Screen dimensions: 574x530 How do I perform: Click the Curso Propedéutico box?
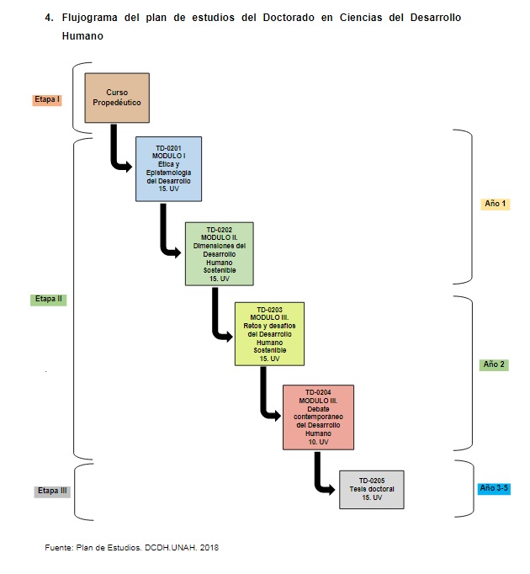[117, 98]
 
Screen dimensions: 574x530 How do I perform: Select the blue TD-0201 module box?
[168, 169]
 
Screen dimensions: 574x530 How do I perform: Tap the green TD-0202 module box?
[219, 254]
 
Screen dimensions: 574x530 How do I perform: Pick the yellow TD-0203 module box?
[269, 334]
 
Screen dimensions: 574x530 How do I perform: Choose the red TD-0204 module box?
[318, 417]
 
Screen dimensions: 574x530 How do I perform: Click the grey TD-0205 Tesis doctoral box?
[371, 489]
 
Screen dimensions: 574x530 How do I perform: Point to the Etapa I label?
[47, 99]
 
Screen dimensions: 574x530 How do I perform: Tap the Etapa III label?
[52, 491]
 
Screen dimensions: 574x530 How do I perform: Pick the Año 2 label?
[493, 364]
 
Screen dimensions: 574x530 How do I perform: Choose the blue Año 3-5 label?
[493, 488]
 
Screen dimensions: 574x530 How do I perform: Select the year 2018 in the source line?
[209, 548]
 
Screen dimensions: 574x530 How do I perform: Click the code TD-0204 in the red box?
[319, 392]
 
